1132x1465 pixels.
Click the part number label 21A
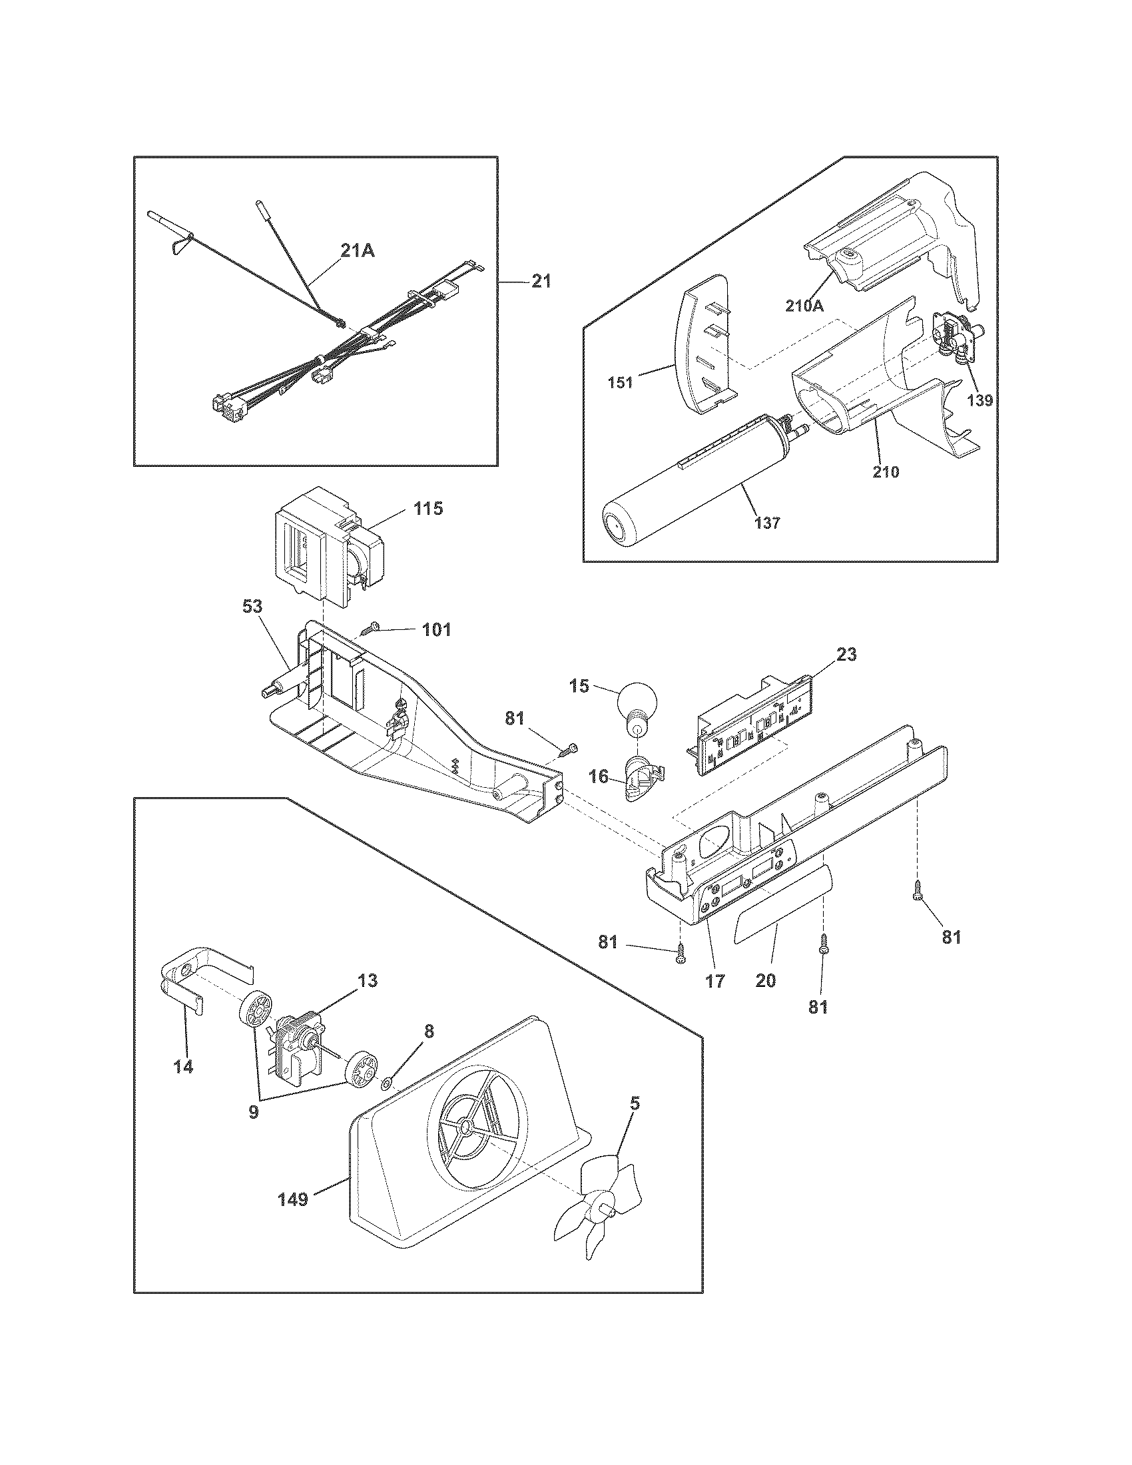click(x=358, y=251)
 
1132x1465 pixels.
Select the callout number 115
click(x=428, y=509)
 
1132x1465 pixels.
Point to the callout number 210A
click(x=804, y=306)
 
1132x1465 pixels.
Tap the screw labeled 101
click(x=371, y=629)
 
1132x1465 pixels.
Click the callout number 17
click(x=715, y=981)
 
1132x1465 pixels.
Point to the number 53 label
click(x=253, y=607)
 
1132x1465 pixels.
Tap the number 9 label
click(x=254, y=1111)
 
